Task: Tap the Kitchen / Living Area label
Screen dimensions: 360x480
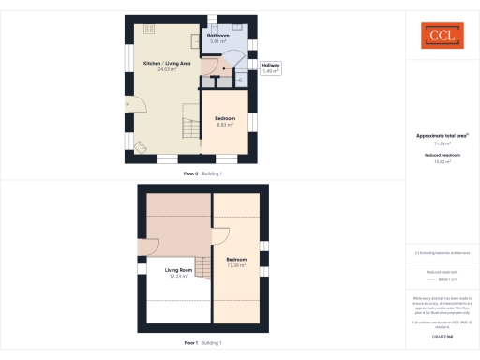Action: (167, 62)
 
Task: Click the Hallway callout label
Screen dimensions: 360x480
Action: (270, 65)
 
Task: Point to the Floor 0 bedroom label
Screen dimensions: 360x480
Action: (225, 117)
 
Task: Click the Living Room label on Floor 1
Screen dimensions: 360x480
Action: (170, 270)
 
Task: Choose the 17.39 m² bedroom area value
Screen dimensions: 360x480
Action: (236, 265)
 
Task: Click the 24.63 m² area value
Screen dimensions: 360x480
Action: (167, 68)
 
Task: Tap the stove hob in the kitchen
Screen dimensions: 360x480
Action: (148, 29)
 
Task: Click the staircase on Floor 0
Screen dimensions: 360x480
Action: (191, 127)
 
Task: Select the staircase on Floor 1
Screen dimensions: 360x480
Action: (203, 266)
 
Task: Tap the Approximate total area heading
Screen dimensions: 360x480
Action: (442, 135)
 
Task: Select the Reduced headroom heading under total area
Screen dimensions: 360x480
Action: (442, 154)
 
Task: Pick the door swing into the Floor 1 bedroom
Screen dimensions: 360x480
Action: (222, 238)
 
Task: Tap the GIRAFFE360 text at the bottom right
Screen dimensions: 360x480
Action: (442, 333)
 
